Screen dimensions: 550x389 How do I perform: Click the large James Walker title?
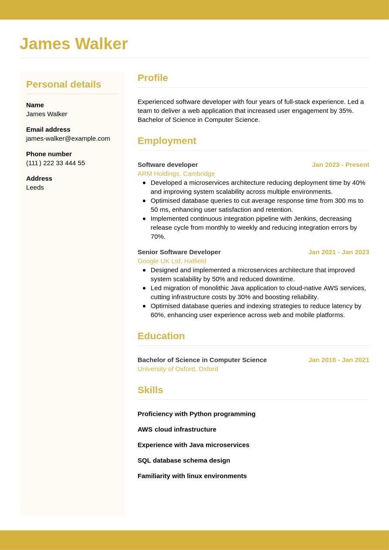pos(74,44)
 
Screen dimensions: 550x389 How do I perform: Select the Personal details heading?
pos(64,84)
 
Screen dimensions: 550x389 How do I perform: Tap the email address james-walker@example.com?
pos(68,138)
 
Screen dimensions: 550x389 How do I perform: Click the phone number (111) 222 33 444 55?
pos(55,163)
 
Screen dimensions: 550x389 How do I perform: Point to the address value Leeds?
pos(35,187)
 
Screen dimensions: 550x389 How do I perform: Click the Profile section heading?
pos(152,78)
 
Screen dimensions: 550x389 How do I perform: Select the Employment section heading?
pos(167,141)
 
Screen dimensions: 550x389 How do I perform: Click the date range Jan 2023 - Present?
pos(340,165)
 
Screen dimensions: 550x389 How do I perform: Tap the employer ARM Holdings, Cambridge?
pos(176,173)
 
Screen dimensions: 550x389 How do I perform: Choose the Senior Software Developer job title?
pos(179,252)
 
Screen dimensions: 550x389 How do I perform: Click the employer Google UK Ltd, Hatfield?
pos(172,261)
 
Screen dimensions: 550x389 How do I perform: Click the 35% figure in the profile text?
pos(345,111)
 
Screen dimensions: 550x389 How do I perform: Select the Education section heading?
pos(161,336)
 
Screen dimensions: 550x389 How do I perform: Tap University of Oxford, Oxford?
pos(178,369)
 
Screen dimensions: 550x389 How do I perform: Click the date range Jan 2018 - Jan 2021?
pos(338,360)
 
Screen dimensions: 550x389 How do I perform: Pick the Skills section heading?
pos(150,390)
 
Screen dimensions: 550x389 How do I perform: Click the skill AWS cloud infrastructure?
pos(177,429)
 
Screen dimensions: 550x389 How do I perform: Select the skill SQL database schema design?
pos(184,460)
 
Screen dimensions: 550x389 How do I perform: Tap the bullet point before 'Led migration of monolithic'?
pos(144,288)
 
